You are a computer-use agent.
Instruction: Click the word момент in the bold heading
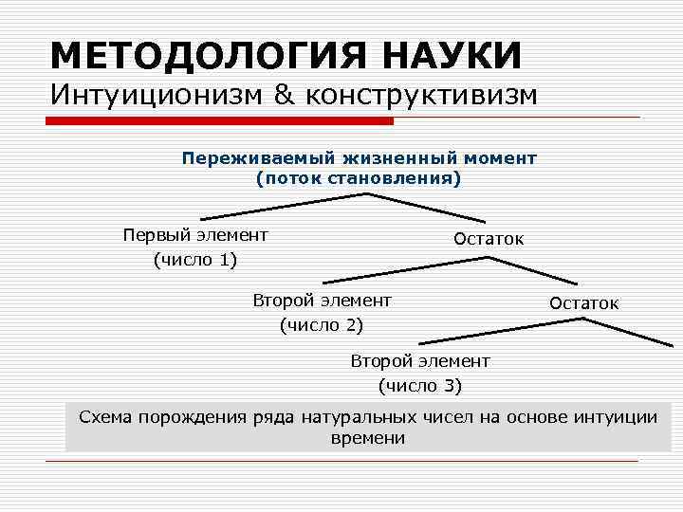point(496,157)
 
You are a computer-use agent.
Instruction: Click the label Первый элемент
point(195,235)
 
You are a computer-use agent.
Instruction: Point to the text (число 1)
point(195,259)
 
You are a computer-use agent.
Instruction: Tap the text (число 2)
point(322,325)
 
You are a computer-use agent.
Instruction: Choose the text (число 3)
point(419,385)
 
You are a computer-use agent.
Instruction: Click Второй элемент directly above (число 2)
point(322,301)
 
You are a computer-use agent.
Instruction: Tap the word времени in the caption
point(368,438)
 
